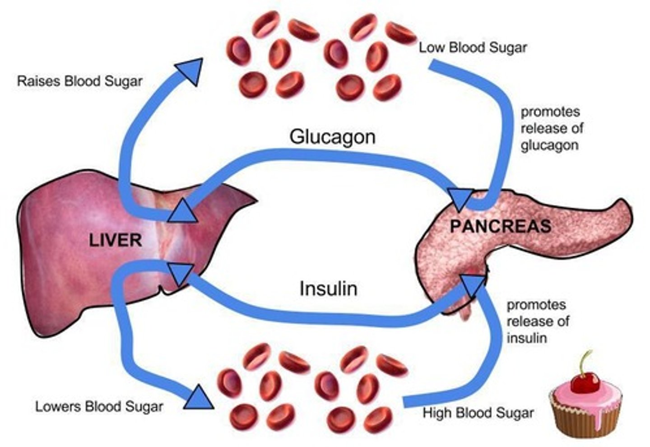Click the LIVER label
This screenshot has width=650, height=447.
(115, 240)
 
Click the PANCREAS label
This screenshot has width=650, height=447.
(500, 226)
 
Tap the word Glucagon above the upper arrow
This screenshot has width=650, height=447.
(333, 136)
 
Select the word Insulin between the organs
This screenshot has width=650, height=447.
(328, 289)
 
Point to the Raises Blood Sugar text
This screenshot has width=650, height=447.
(79, 81)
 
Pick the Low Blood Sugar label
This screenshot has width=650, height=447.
(473, 47)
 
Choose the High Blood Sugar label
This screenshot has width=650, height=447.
(478, 413)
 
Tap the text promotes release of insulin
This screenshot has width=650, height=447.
(537, 321)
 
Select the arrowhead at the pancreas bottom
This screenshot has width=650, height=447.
(473, 284)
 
